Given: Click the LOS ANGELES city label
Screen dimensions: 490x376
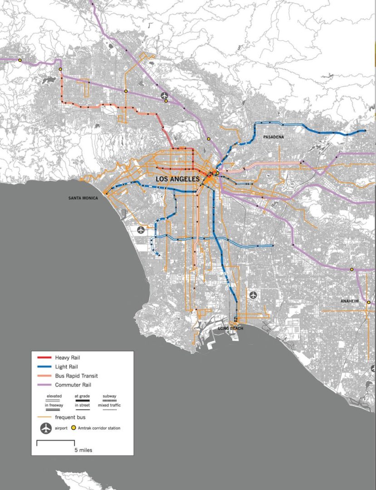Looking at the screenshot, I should (x=178, y=180).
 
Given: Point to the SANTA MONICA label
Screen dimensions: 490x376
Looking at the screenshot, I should (x=83, y=198).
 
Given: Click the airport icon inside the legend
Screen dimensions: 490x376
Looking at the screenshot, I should (x=46, y=428).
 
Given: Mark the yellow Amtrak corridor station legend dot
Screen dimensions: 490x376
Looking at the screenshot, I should (x=74, y=428).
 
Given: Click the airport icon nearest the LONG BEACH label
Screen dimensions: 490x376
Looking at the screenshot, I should (x=253, y=295).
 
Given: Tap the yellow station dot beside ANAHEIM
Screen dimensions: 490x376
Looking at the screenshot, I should (x=369, y=302).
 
